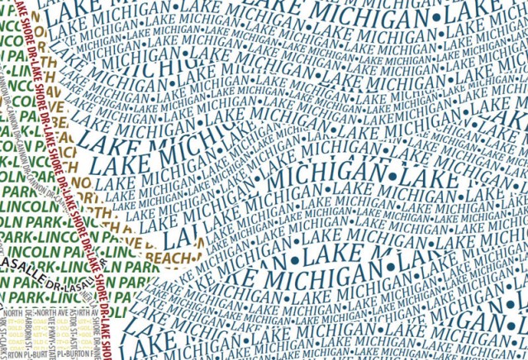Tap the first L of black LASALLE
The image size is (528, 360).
click(6, 260)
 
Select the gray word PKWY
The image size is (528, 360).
click(88, 327)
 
